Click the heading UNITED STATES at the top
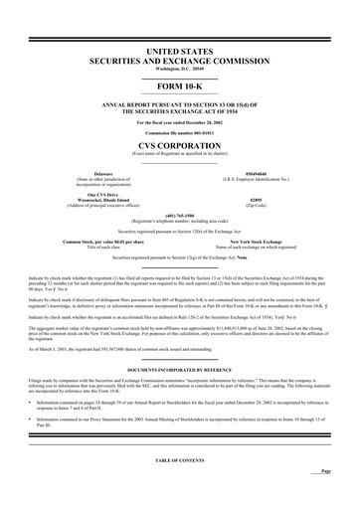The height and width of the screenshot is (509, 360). pos(179,47)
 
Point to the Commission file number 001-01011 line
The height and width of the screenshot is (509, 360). pos(179,131)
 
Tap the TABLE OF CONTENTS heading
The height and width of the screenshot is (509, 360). pos(179,488)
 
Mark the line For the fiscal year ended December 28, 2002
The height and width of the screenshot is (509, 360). pos(179,121)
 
